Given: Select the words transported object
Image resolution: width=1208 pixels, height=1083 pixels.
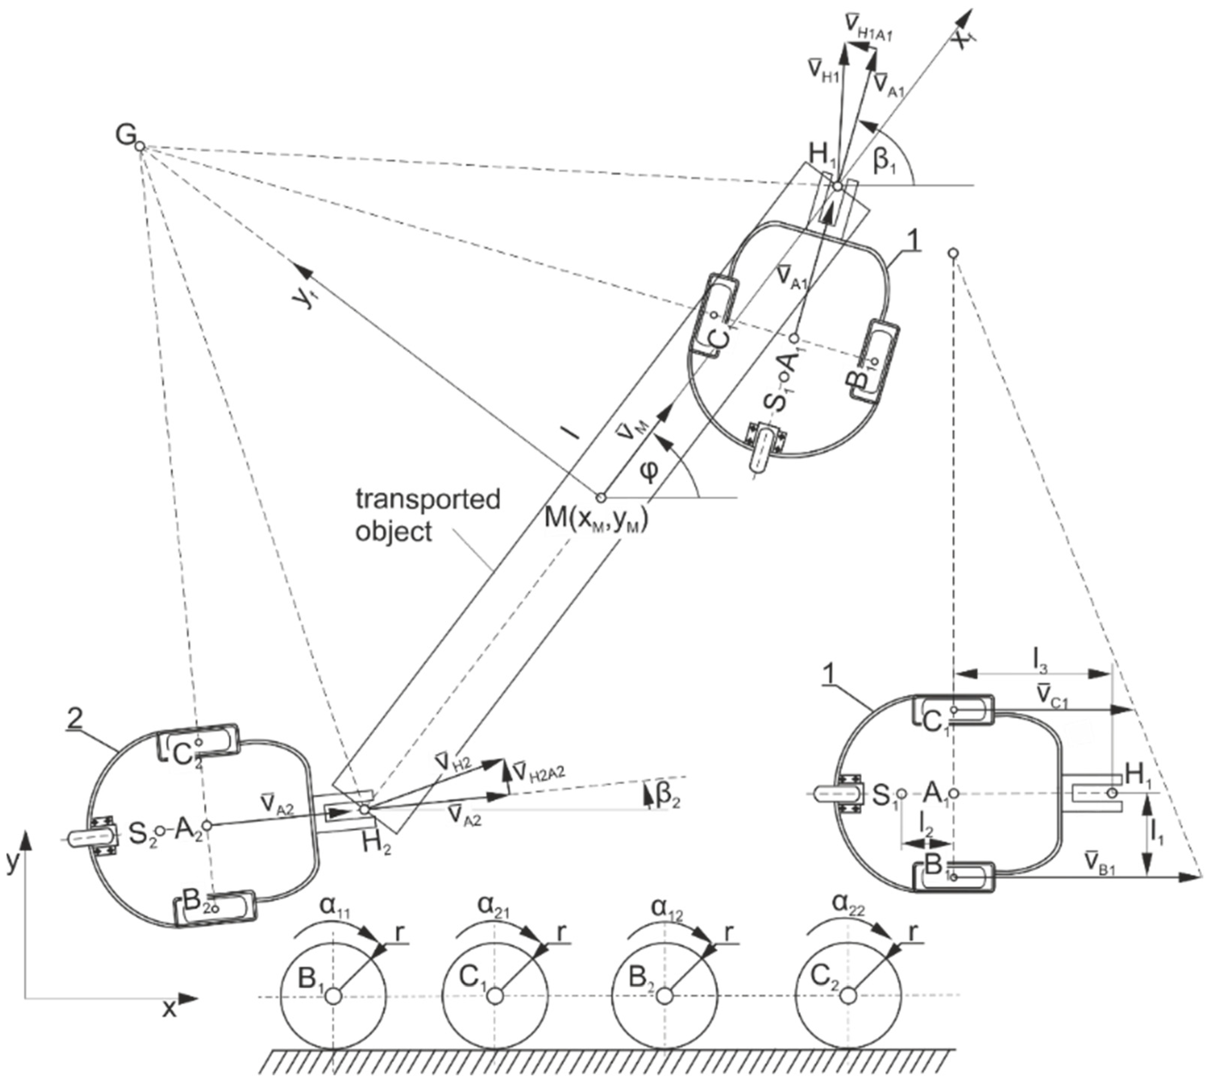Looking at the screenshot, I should click(x=427, y=515).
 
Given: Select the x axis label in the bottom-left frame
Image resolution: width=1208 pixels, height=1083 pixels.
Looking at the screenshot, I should click(x=170, y=1009).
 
